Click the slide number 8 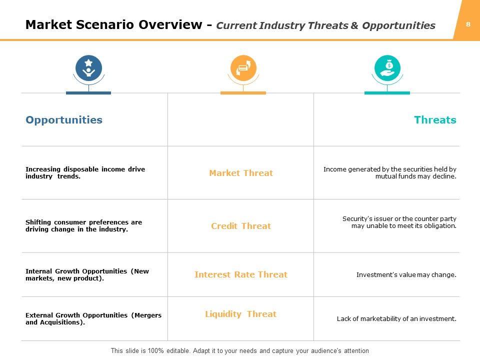tap(468, 24)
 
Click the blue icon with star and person tap(89, 68)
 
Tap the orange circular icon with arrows tap(243, 68)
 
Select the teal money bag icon tap(387, 68)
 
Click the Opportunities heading tap(64, 120)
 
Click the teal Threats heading tap(435, 119)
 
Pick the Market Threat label tap(241, 173)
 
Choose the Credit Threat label tap(241, 226)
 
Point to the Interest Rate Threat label tap(241, 274)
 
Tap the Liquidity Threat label tap(240, 314)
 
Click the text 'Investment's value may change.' tap(406, 275)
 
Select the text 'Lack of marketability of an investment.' tap(396, 318)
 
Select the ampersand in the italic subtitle tap(354, 25)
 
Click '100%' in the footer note tap(156, 350)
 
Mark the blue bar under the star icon tap(88, 93)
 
